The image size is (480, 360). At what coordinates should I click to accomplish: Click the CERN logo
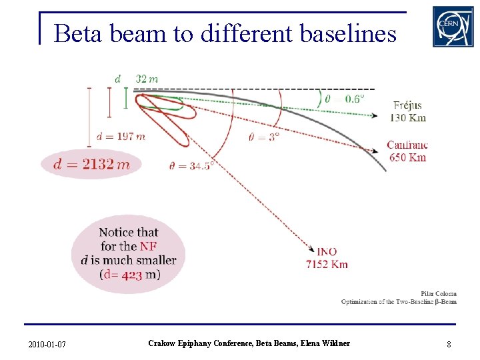[453, 27]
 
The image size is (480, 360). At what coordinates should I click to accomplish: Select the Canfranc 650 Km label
[407, 151]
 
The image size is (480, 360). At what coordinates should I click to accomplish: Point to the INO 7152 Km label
[327, 257]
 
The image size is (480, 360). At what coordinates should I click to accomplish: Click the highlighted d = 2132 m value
[91, 164]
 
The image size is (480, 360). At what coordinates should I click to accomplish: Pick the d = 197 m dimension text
[121, 137]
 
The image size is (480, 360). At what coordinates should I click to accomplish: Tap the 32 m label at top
[147, 79]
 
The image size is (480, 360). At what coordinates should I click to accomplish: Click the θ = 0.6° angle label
[345, 99]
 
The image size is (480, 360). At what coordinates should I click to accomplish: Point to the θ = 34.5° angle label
[191, 165]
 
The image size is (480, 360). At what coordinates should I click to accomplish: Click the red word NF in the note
[149, 246]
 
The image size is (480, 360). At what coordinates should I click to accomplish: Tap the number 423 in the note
[132, 275]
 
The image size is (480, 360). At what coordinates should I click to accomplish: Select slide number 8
[449, 344]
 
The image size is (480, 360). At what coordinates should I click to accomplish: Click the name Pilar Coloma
[438, 293]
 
